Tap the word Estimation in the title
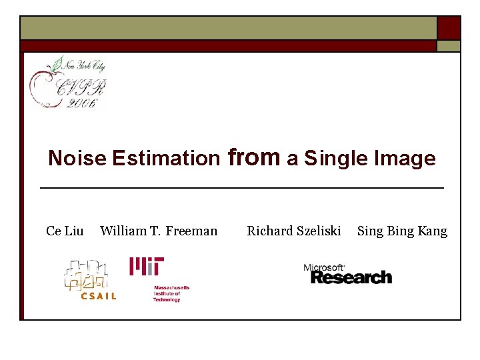166,159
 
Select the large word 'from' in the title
254,157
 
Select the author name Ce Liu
65,231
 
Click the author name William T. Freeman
159,231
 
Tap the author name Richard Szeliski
294,231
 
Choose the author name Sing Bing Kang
402,231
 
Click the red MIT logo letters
147,267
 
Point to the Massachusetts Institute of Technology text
171,294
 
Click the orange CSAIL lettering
98,296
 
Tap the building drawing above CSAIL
86,274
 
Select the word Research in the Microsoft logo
351,277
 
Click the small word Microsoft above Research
324,267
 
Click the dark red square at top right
449,28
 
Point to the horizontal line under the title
242,189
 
